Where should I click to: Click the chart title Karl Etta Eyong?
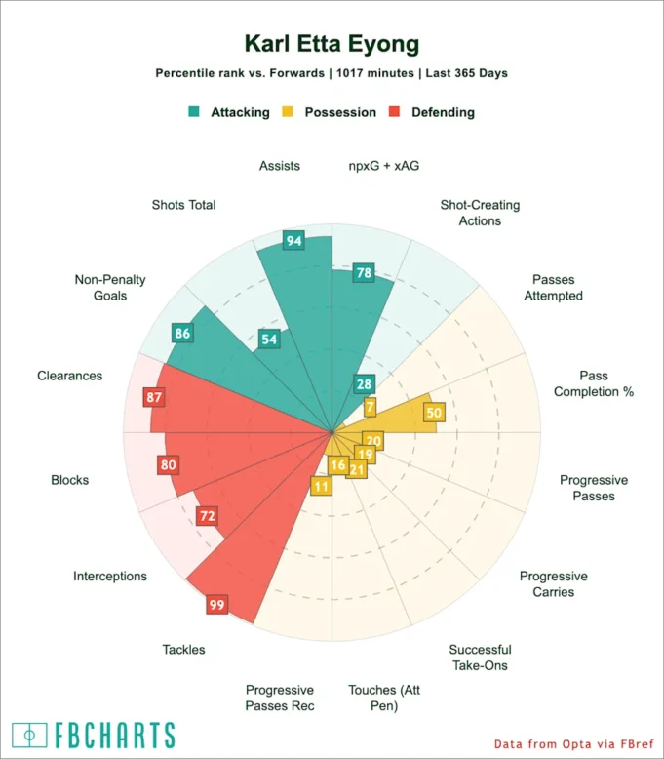[332, 44]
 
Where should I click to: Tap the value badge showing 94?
[293, 240]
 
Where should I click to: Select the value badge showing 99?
[216, 605]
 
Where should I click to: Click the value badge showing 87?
[153, 397]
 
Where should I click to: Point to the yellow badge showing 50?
[434, 413]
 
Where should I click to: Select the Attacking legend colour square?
[194, 112]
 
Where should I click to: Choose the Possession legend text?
[340, 112]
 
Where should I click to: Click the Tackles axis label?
[183, 649]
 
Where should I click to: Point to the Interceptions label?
[110, 576]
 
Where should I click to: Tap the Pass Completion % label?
[593, 383]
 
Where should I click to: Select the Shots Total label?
[183, 205]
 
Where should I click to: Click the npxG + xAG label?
[383, 166]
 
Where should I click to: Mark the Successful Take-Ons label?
[480, 658]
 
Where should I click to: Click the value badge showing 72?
[207, 515]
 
